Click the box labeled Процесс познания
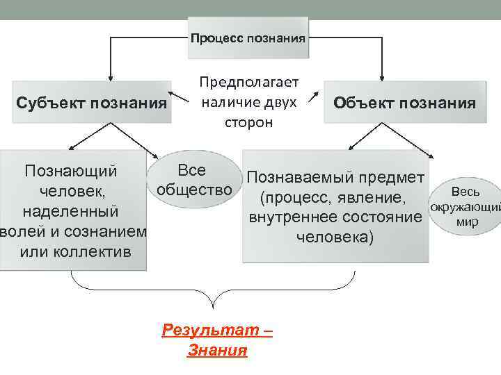coord(248,37)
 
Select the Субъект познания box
coord(92,103)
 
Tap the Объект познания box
coord(404,103)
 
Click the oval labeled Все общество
coord(194,180)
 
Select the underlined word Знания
coord(217,350)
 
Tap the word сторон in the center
coord(248,122)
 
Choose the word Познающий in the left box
coord(70,171)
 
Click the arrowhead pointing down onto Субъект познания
coord(111,82)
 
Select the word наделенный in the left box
coord(70,210)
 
